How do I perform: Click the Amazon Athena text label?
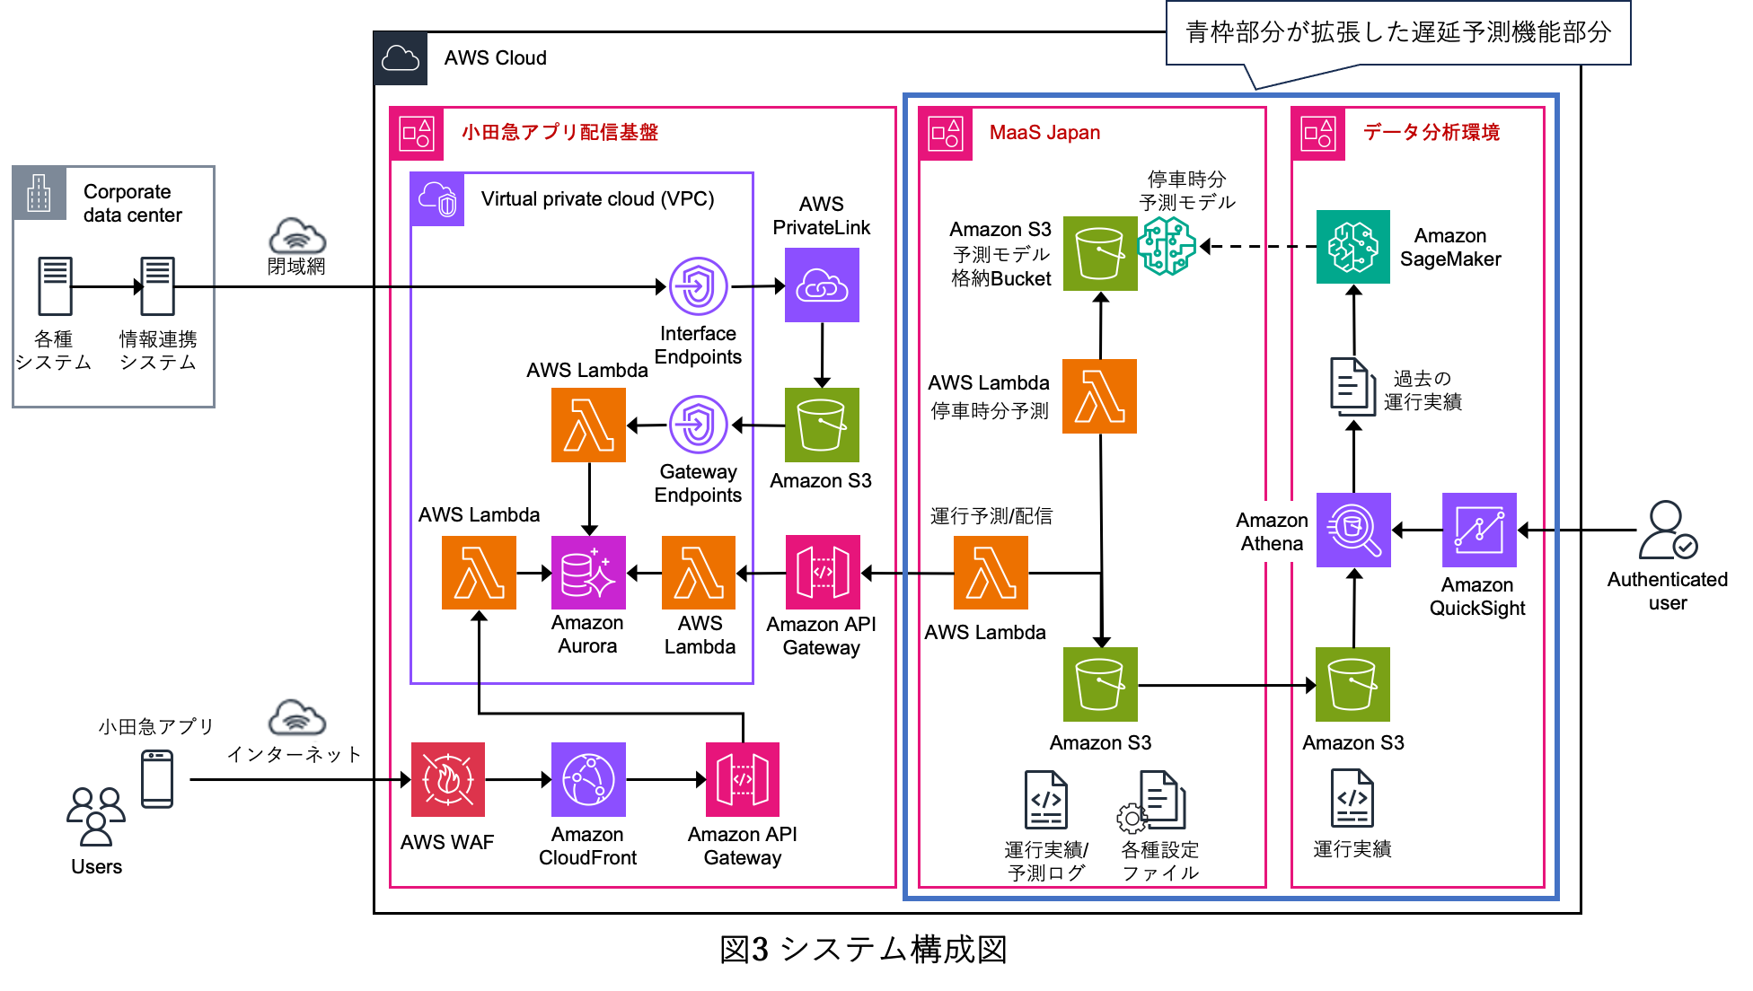(1271, 531)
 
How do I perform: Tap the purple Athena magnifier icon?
(1353, 530)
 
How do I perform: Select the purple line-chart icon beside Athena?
(1479, 530)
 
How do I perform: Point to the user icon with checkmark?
(1668, 531)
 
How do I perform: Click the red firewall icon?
(447, 779)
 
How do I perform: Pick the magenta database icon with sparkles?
(588, 573)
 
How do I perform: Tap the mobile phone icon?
(157, 779)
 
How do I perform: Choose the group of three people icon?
(96, 816)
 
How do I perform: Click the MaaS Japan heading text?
(1044, 133)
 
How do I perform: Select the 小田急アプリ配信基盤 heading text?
(559, 133)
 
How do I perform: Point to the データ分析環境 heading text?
(1431, 133)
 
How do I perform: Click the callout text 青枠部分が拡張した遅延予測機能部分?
(1397, 33)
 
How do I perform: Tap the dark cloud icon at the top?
(401, 58)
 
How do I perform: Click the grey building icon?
(39, 193)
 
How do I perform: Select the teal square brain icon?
(1352, 247)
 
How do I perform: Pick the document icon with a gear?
(1153, 801)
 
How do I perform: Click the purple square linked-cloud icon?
(822, 285)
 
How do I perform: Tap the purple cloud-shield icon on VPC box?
(437, 199)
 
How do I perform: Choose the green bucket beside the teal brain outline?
(1099, 253)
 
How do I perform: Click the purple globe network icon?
(588, 779)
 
